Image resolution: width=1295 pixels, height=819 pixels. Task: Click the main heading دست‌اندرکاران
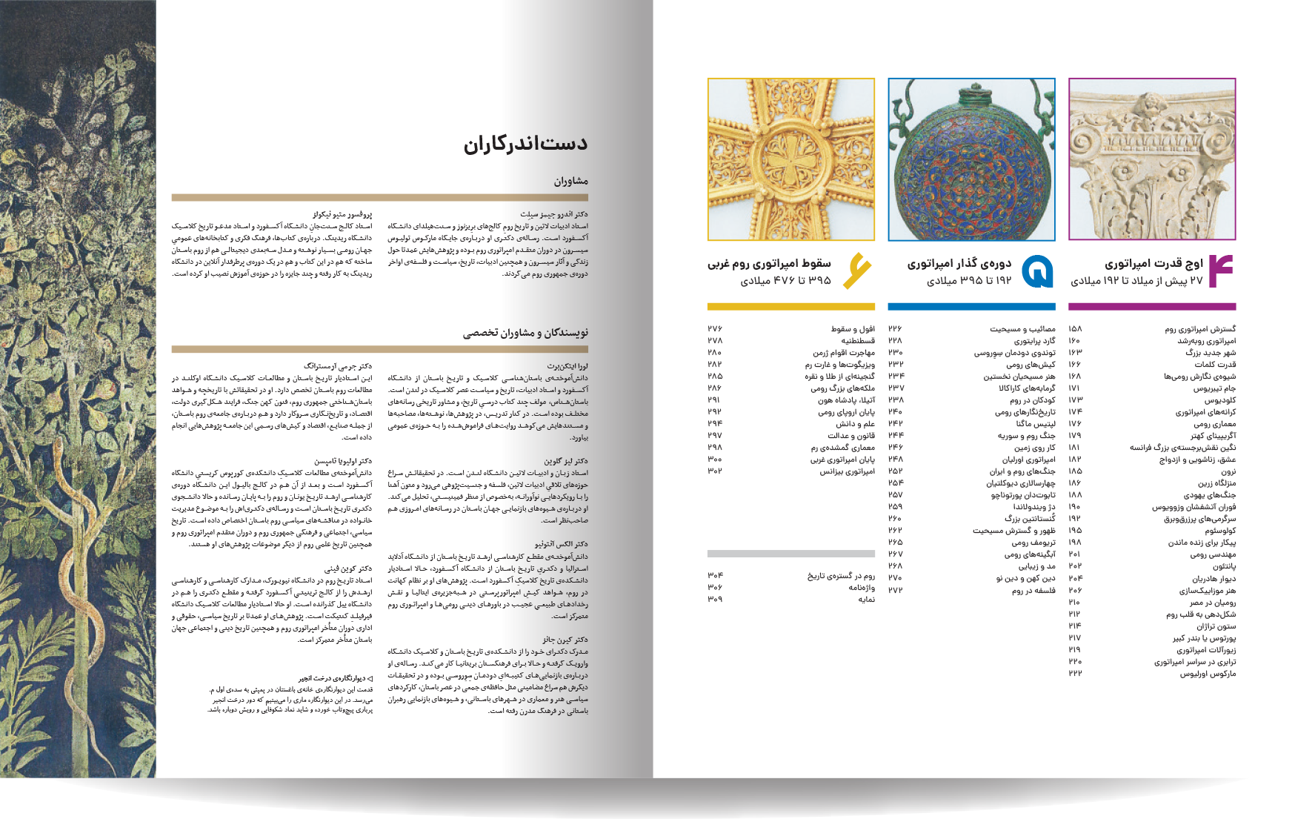pos(525,145)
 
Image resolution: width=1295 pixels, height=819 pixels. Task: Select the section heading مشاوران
pos(570,181)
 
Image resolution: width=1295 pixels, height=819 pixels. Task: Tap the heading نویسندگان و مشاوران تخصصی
pos(525,333)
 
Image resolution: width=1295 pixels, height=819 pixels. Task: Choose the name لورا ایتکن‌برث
pos(567,366)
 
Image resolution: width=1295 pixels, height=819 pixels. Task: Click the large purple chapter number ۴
pos(1220,271)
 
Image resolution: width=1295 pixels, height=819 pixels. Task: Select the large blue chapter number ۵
pos(1037,271)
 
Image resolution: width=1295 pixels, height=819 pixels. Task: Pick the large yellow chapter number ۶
pos(856,271)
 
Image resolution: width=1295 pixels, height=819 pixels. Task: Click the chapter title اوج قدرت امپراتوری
pos(1153,263)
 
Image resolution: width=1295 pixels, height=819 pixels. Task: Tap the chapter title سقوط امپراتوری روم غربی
pos(769,263)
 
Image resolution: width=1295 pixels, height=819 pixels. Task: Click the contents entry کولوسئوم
pos(1219,531)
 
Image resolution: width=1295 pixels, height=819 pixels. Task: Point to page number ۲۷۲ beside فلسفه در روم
pos(895,590)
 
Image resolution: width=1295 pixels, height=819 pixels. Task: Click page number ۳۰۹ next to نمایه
pos(714,599)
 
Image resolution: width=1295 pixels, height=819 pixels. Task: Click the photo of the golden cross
pos(790,159)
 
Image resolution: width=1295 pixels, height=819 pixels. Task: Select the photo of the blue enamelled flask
pos(971,159)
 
